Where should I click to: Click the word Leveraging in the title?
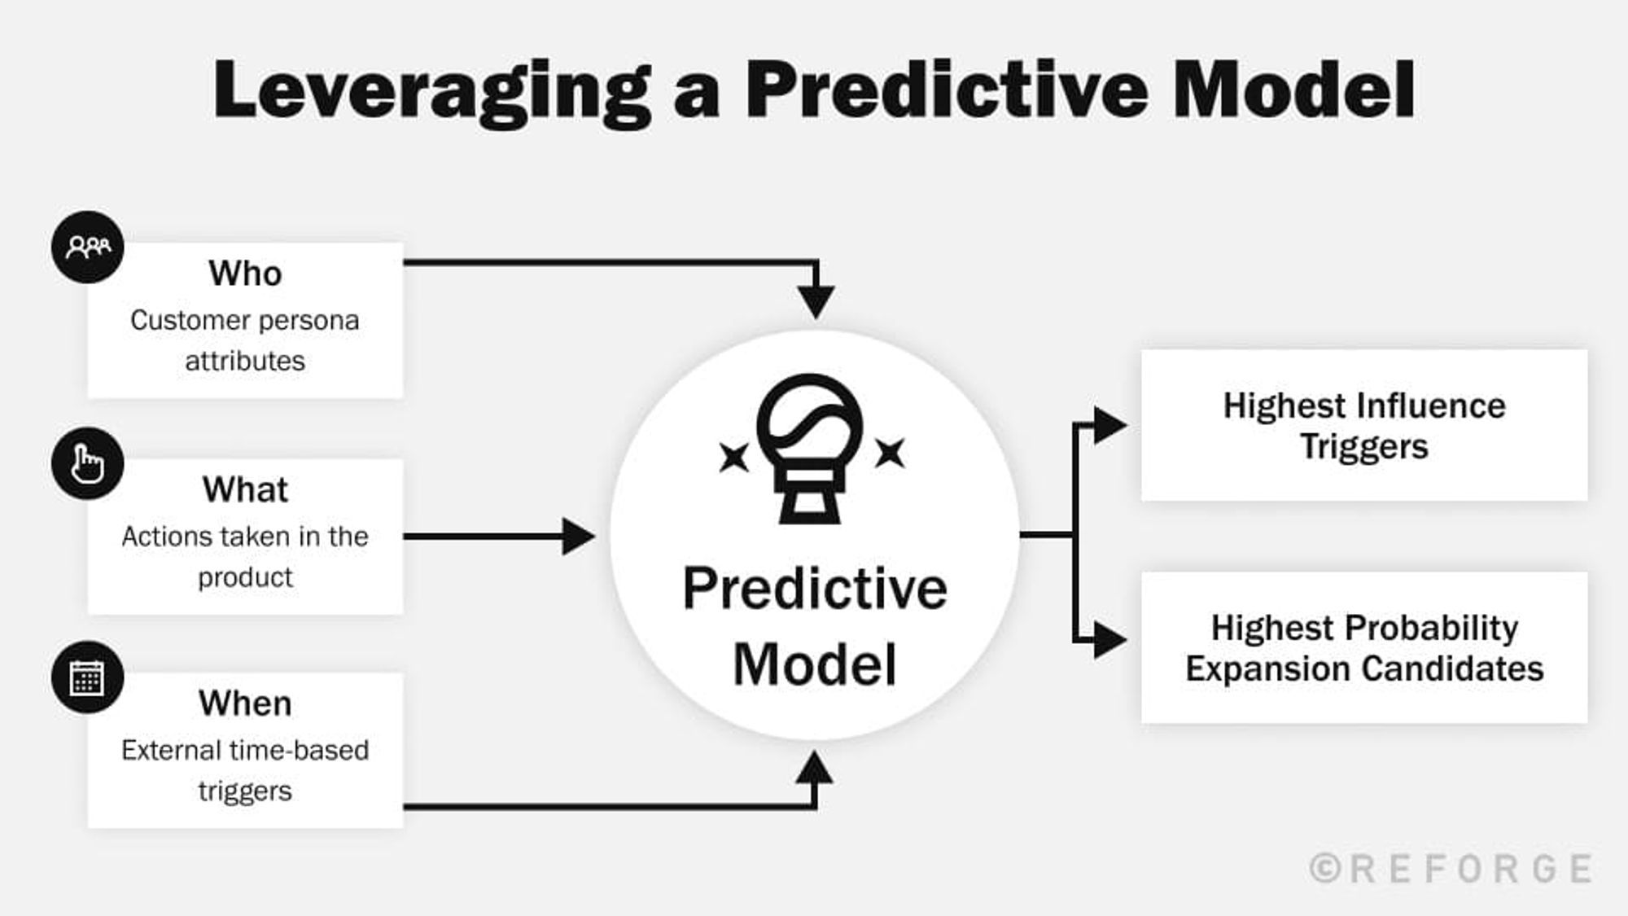(431, 91)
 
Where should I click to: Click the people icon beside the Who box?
(88, 247)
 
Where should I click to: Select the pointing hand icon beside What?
(88, 464)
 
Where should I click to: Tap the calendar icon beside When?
(88, 677)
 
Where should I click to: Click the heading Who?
(245, 274)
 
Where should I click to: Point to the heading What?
(245, 490)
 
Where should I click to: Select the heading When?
(245, 703)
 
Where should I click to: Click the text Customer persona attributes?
(245, 340)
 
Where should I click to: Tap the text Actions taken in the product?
(245, 557)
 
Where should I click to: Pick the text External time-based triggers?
(245, 770)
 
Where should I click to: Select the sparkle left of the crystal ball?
(733, 456)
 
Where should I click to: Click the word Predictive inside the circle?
(815, 588)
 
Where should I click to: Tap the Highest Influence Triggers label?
(1364, 426)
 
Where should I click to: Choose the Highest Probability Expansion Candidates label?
(1364, 648)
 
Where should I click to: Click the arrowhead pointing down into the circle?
(816, 301)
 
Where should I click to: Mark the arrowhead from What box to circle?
(578, 537)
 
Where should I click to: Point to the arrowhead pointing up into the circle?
(814, 768)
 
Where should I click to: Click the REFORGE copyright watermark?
(1451, 869)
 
